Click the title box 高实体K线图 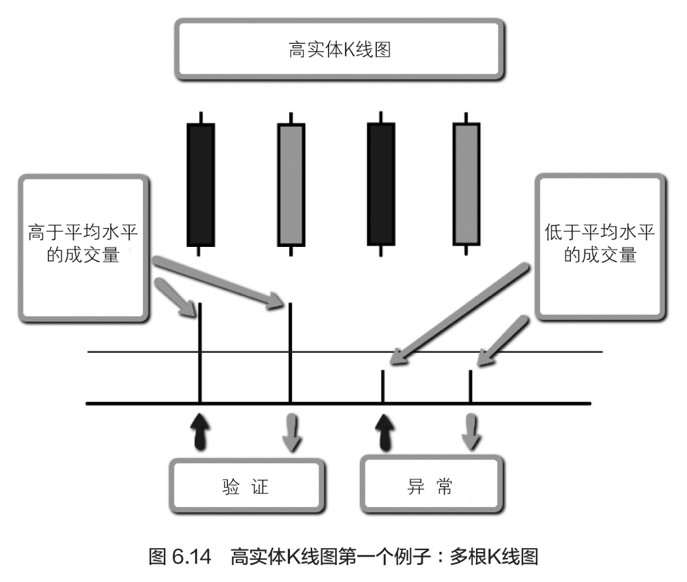point(339,50)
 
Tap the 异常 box point(432,487)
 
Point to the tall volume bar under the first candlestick point(199,353)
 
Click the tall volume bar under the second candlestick point(290,353)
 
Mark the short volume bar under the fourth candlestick point(470,387)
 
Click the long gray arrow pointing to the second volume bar point(219,282)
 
